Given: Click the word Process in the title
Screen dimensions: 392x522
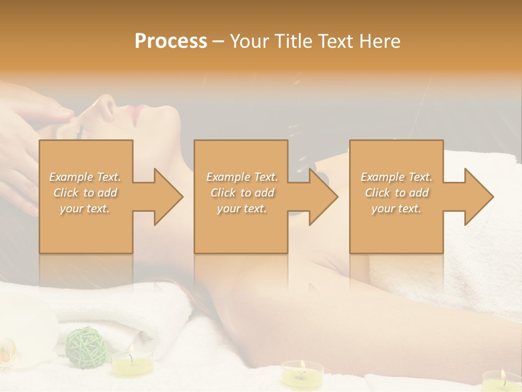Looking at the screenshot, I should click(171, 41).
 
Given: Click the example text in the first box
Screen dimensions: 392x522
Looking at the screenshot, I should click(85, 193).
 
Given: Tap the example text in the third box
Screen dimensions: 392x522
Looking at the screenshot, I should click(396, 193).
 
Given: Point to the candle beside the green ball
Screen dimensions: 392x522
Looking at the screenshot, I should click(132, 362).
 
